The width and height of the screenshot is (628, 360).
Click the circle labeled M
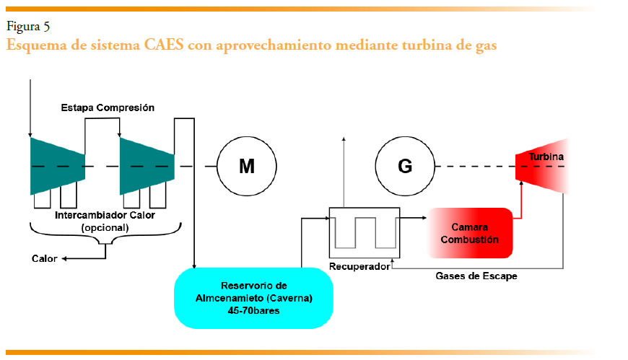click(247, 167)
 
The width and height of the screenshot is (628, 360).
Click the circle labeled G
click(405, 167)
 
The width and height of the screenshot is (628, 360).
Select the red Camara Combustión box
click(470, 233)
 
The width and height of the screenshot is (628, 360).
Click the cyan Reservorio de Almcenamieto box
click(253, 297)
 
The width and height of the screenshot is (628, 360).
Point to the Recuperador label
click(359, 267)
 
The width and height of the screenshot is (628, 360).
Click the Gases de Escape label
click(476, 276)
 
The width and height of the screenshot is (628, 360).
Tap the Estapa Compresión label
click(107, 107)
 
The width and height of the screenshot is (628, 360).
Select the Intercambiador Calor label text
click(105, 216)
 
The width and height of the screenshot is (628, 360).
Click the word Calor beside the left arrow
click(45, 258)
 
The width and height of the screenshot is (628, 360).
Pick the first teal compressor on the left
click(57, 167)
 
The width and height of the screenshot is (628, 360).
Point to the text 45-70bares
click(253, 310)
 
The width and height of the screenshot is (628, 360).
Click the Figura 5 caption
click(28, 27)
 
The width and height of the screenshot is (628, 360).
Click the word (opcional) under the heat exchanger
click(105, 227)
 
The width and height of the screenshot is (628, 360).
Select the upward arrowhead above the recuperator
click(344, 137)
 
